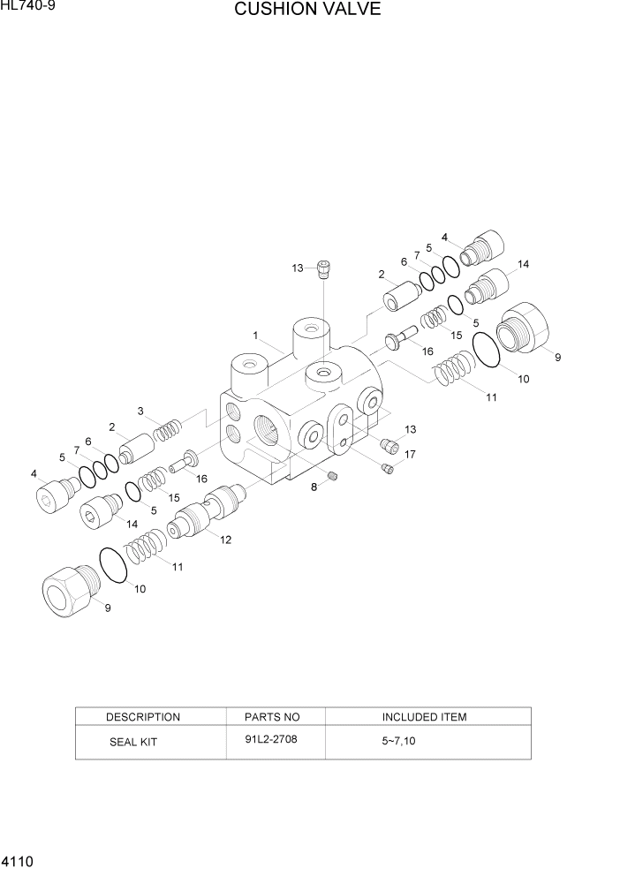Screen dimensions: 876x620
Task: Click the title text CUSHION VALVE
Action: click(x=307, y=11)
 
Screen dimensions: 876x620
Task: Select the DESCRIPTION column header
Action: click(x=142, y=717)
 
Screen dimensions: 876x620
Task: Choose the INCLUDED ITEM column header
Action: click(x=424, y=717)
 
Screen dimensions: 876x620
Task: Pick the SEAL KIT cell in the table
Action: click(x=132, y=742)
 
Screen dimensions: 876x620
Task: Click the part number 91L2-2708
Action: click(x=271, y=739)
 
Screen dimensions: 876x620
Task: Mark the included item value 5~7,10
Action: click(x=398, y=742)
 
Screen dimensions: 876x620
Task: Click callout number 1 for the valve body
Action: click(x=255, y=336)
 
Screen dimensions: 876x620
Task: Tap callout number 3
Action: click(x=140, y=411)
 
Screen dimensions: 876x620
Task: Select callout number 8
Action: click(x=313, y=487)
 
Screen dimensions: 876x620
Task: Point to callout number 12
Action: click(x=225, y=540)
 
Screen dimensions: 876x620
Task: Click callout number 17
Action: click(x=410, y=455)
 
